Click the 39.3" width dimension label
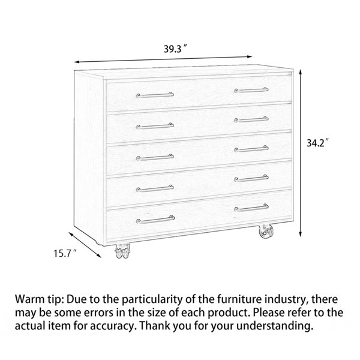175,49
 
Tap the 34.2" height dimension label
318,143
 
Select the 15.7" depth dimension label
65,253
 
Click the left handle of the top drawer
155,95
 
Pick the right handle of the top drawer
251,90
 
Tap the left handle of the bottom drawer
155,220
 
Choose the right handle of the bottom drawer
251,208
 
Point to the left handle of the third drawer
155,157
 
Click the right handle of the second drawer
251,119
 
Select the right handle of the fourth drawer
251,178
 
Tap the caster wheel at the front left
122,251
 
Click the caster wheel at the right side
266,231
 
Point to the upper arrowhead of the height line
300,72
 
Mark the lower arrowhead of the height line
300,233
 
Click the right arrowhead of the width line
249,57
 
